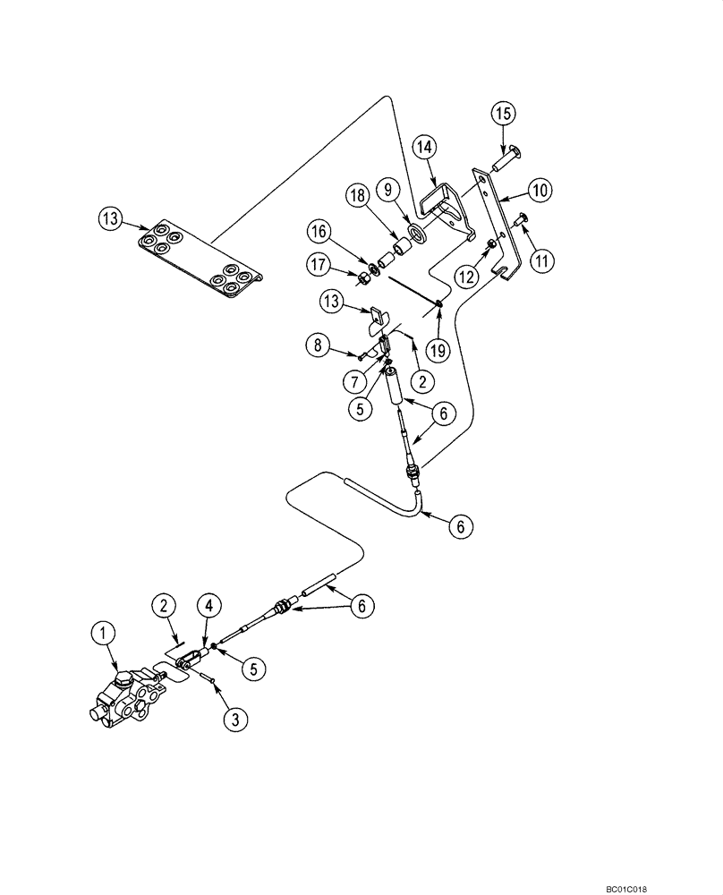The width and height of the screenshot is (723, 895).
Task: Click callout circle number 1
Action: (106, 635)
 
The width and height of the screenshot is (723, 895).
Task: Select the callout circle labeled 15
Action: (502, 115)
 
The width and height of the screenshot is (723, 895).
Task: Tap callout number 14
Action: (423, 148)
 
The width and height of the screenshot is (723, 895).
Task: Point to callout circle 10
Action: (541, 191)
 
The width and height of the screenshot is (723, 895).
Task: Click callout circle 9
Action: (389, 190)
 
